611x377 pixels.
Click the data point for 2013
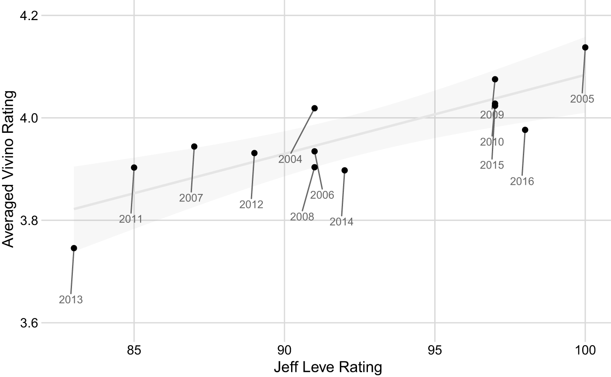point(74,248)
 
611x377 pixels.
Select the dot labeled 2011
point(134,168)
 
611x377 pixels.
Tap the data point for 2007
point(194,147)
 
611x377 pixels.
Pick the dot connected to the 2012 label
point(254,153)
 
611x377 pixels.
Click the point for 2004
point(315,108)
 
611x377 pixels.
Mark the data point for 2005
point(585,48)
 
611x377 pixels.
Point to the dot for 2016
point(525,130)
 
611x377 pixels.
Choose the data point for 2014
point(344,170)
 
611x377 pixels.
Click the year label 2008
point(302,217)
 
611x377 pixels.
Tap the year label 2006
point(322,195)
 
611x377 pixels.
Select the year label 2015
point(492,165)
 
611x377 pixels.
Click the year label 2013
point(71,300)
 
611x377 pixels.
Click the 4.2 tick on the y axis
point(29,16)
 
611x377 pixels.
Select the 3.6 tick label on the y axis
point(29,323)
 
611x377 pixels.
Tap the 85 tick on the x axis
point(134,350)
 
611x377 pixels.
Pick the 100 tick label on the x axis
point(585,350)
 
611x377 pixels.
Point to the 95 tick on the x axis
point(435,350)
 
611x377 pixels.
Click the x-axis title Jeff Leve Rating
point(328,367)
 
